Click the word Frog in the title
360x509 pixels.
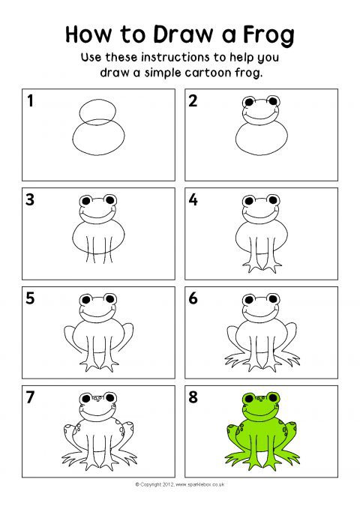[268, 34]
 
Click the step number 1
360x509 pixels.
[30, 100]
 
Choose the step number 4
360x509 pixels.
[193, 199]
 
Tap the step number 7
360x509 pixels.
[30, 397]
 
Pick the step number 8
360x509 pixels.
[193, 397]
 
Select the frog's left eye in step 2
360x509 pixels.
[249, 102]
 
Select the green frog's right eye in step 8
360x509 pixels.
[272, 397]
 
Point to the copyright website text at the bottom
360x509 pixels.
[180, 485]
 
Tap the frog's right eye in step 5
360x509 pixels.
[110, 299]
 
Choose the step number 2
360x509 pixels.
[193, 100]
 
